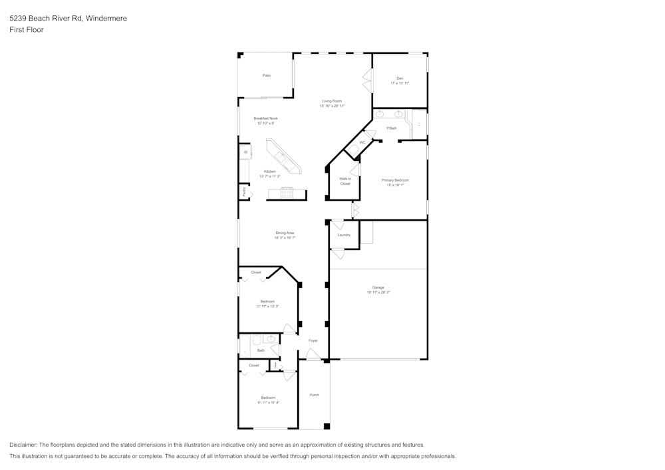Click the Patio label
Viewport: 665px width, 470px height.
[266, 76]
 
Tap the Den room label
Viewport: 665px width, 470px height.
[400, 78]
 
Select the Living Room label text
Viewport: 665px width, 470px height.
[331, 101]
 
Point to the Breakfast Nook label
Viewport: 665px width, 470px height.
[265, 118]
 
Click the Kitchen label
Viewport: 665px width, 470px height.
[269, 172]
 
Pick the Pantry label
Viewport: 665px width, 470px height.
[244, 192]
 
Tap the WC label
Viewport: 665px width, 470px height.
[362, 143]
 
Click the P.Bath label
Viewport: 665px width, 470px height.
[392, 128]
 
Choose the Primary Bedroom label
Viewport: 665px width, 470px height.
[395, 180]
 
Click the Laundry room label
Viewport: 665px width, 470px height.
[344, 235]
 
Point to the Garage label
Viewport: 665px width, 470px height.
[378, 287]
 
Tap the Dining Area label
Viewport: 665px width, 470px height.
[285, 233]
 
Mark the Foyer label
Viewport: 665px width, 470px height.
[313, 340]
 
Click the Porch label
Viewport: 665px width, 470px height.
[314, 395]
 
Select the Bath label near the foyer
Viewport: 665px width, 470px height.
[261, 350]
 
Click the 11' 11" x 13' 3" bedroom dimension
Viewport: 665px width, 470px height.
[267, 306]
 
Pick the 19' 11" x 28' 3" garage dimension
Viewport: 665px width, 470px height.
[378, 293]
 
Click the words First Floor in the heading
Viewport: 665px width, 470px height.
[27, 30]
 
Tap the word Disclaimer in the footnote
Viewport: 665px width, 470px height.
[23, 445]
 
